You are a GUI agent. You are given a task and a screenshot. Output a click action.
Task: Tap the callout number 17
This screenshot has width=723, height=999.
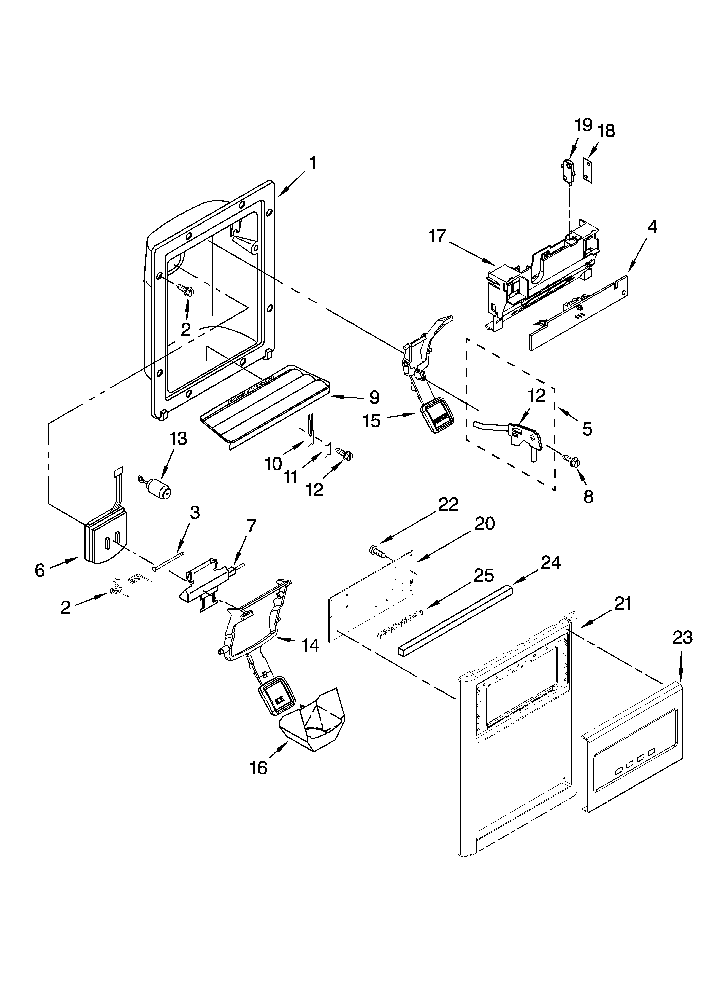coord(437,237)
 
